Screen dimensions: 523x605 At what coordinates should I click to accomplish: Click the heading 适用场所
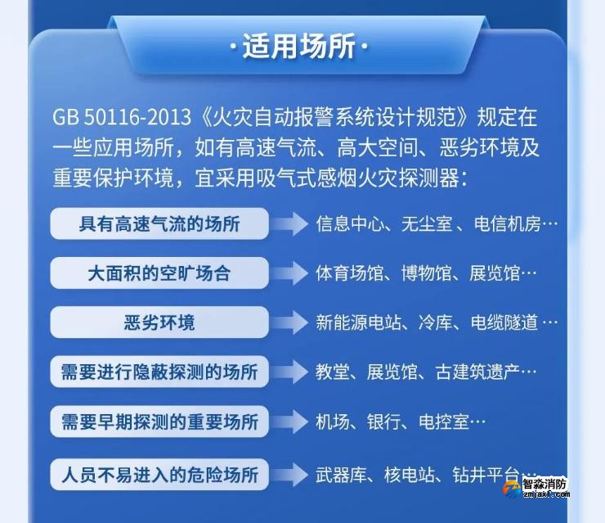tap(299, 47)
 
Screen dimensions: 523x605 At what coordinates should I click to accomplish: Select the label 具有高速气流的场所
tap(159, 223)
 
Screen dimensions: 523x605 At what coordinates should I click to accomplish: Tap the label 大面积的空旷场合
tap(159, 273)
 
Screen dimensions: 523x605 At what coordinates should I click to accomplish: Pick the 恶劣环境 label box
tap(159, 322)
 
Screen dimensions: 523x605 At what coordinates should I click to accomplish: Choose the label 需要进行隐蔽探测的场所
tap(159, 372)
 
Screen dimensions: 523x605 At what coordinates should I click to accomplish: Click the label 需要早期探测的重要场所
tap(159, 422)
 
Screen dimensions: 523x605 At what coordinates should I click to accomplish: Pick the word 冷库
tap(433, 322)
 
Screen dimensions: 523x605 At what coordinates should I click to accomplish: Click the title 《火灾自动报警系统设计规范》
tap(336, 117)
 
